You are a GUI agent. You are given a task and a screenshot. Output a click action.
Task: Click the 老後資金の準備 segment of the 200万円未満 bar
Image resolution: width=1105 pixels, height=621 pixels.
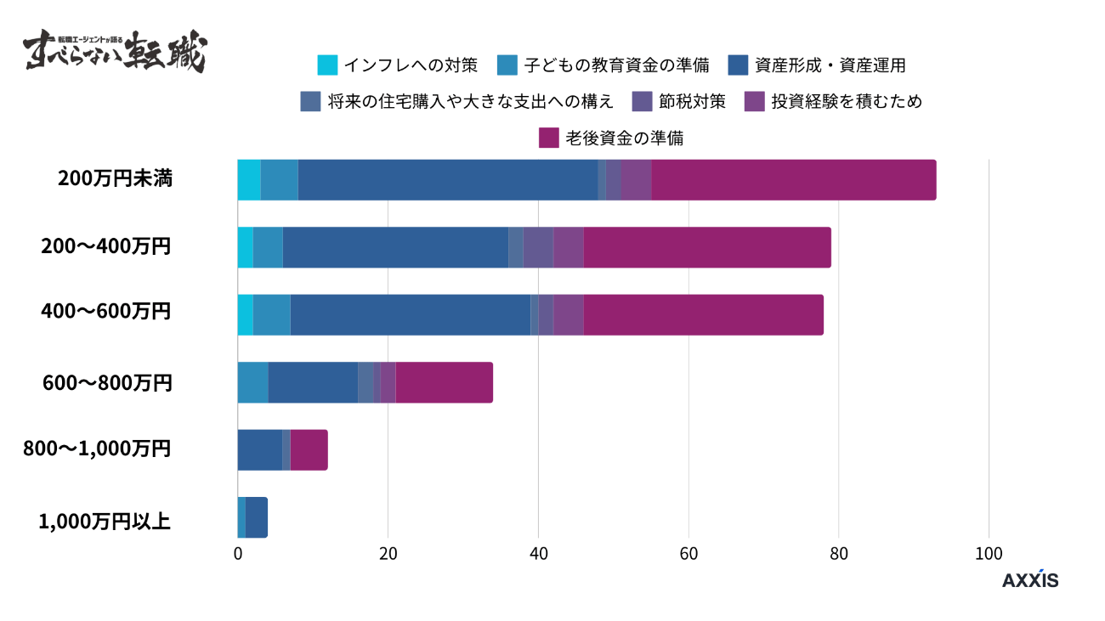[x=793, y=180]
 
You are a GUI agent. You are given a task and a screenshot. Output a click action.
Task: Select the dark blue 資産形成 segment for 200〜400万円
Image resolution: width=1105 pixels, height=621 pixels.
[x=395, y=247]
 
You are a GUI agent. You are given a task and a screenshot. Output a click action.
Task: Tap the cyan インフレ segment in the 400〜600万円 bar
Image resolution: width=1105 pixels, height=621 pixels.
[x=245, y=314]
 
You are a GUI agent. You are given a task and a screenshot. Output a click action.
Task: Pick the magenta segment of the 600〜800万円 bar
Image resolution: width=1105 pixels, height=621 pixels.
[x=444, y=382]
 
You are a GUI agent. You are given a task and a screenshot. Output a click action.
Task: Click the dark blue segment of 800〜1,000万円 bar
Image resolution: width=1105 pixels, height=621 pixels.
[x=259, y=450]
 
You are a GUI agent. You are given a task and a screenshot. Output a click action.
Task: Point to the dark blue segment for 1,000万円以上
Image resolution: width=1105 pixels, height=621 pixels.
[x=256, y=517]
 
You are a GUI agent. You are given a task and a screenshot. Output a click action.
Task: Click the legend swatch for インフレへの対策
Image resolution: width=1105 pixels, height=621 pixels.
[x=327, y=65]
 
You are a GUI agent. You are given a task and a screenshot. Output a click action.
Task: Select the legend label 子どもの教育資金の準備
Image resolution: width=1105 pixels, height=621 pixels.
[x=615, y=65]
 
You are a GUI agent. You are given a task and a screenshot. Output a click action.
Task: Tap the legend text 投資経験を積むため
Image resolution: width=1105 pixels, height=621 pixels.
[x=846, y=101]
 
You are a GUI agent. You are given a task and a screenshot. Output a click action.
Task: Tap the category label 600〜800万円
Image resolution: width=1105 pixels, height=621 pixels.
[x=107, y=383]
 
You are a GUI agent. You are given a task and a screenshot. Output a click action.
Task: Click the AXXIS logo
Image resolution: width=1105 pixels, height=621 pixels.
[x=1030, y=580]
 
